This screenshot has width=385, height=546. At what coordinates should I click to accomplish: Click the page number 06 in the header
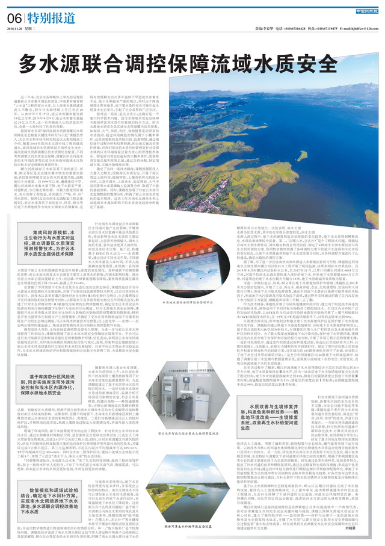tap(14, 19)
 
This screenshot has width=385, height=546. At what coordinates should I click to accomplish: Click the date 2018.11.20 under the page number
tap(19, 28)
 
